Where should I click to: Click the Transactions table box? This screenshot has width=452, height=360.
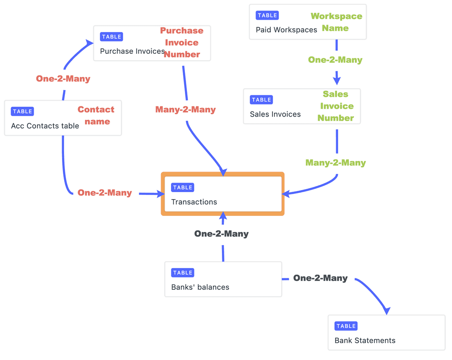(x=222, y=194)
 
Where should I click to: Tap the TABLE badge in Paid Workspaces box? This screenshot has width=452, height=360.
(x=267, y=16)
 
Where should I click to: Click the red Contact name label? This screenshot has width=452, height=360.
(x=96, y=115)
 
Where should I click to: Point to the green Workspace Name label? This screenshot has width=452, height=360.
(x=336, y=22)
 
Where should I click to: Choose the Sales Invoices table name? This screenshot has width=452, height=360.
(x=275, y=115)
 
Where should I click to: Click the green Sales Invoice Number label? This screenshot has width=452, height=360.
(x=336, y=106)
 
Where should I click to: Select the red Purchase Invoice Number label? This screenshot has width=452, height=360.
(x=182, y=42)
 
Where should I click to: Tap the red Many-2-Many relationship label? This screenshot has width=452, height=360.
(x=185, y=110)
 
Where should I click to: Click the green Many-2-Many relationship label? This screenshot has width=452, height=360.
(x=335, y=163)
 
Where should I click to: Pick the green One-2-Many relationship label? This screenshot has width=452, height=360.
(x=335, y=60)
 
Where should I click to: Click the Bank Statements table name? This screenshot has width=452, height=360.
(x=365, y=341)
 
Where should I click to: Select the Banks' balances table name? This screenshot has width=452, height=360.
(x=200, y=287)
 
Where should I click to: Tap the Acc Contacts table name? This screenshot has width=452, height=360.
(x=45, y=126)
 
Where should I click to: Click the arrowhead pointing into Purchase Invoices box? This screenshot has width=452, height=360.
(x=90, y=42)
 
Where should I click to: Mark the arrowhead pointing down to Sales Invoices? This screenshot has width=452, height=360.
(x=337, y=80)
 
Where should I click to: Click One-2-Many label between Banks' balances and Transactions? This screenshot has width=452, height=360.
(x=221, y=234)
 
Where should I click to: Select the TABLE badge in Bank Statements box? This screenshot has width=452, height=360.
(x=346, y=326)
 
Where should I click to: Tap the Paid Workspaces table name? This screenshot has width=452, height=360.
(x=286, y=30)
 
